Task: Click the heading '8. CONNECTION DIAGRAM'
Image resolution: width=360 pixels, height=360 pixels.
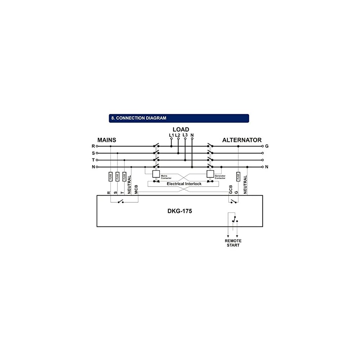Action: pyautogui.click(x=139, y=118)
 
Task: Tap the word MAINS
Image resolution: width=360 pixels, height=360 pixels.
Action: pyautogui.click(x=107, y=140)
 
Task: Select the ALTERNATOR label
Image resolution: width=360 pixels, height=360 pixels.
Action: pyautogui.click(x=242, y=140)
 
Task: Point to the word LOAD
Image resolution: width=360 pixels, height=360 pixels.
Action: pyautogui.click(x=181, y=130)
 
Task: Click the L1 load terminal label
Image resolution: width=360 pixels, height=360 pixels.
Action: pyautogui.click(x=171, y=135)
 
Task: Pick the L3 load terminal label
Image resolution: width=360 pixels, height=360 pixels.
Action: pyautogui.click(x=185, y=135)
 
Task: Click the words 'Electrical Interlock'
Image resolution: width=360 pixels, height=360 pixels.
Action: pyautogui.click(x=184, y=184)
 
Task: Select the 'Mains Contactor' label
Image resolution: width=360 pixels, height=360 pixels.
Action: pyautogui.click(x=166, y=177)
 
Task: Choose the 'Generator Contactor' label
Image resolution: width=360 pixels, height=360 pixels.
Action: pyautogui.click(x=220, y=177)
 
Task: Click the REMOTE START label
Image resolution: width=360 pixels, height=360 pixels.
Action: pyautogui.click(x=233, y=243)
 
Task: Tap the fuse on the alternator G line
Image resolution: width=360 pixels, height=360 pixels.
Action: pyautogui.click(x=238, y=177)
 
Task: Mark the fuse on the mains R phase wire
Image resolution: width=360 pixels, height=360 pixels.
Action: pyautogui.click(x=111, y=177)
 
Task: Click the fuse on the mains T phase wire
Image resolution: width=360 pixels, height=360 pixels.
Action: pyautogui.click(x=124, y=177)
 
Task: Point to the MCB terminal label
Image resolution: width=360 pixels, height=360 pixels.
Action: pyautogui.click(x=136, y=190)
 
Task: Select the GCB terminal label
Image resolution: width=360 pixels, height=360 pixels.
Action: pyautogui.click(x=230, y=190)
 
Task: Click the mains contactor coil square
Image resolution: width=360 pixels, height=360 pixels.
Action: pyautogui.click(x=156, y=174)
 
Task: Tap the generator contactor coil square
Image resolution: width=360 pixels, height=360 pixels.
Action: pyautogui.click(x=210, y=174)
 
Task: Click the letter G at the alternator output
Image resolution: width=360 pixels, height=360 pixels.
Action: pyautogui.click(x=267, y=146)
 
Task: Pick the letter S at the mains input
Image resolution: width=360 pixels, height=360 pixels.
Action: pyautogui.click(x=93, y=153)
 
